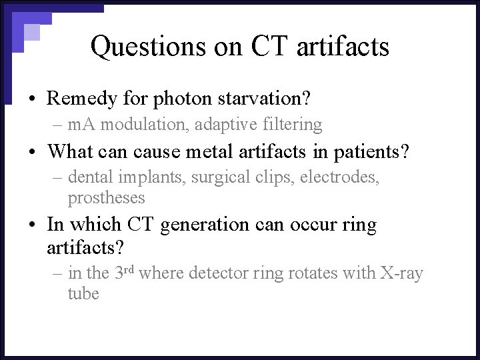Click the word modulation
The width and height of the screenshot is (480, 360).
pos(146,124)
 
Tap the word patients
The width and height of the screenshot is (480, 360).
pos(364,151)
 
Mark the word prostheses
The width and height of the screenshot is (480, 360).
pos(106,197)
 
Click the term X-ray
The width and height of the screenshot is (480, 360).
pos(402,273)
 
